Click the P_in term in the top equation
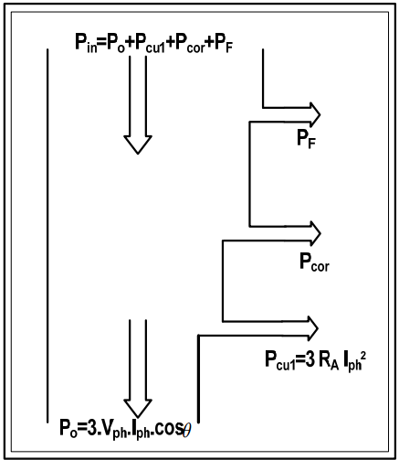point(86,43)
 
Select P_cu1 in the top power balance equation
point(150,43)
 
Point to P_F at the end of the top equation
point(224,43)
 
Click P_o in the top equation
point(116,43)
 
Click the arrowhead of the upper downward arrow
point(138,144)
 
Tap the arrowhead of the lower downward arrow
point(138,409)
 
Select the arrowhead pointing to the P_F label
point(315,114)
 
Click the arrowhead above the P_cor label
point(315,233)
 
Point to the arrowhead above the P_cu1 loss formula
point(313,328)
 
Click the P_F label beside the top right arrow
point(306,139)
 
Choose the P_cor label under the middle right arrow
point(314,262)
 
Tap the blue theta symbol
point(186,431)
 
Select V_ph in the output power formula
point(115,430)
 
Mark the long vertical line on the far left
point(47,236)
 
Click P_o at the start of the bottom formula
point(68,429)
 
